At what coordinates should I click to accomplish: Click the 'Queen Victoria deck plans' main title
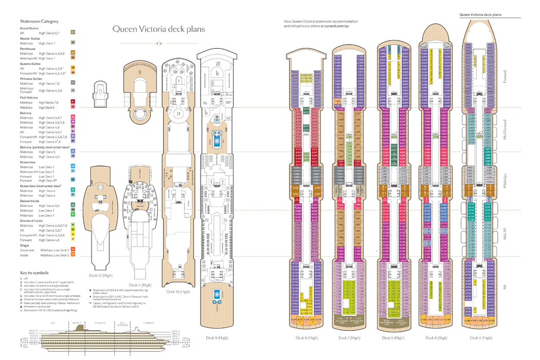158,29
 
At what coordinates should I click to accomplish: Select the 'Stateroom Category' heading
39,21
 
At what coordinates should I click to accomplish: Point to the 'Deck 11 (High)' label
140,284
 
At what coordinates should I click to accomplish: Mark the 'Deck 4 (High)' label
481,337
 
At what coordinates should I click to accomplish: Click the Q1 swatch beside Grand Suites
73,32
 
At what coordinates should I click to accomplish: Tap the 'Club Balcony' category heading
29,98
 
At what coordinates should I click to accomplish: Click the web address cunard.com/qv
336,25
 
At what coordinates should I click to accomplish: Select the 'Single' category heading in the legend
24,245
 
